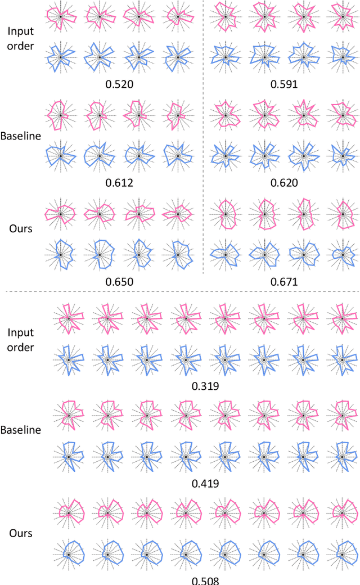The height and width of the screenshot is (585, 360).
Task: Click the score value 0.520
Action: (119, 85)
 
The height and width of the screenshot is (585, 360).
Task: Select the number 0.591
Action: (284, 85)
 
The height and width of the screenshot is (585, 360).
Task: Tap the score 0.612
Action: (119, 183)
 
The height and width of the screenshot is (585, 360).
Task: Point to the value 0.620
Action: (284, 183)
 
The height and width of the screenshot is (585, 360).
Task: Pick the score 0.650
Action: (119, 282)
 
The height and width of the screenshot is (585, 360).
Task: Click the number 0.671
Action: (284, 282)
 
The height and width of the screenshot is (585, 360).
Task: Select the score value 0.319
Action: (205, 386)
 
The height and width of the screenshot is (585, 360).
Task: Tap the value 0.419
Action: (205, 483)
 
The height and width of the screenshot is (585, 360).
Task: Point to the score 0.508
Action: (205, 580)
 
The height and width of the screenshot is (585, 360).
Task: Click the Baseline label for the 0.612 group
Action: (21, 136)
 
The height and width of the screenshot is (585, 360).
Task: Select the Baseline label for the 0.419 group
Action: (21, 430)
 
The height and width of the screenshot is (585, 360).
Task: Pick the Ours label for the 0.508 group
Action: (20, 533)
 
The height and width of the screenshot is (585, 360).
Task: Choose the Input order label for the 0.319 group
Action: (21, 340)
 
